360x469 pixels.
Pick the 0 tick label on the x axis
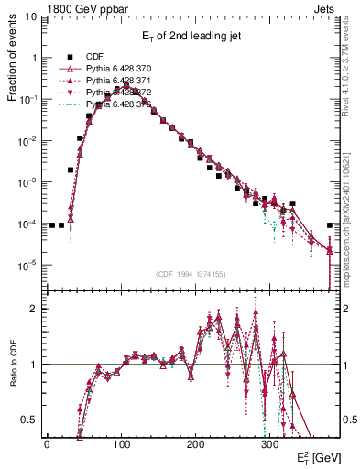(x=47, y=443)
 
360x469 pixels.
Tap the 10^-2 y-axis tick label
(x=29, y=141)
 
